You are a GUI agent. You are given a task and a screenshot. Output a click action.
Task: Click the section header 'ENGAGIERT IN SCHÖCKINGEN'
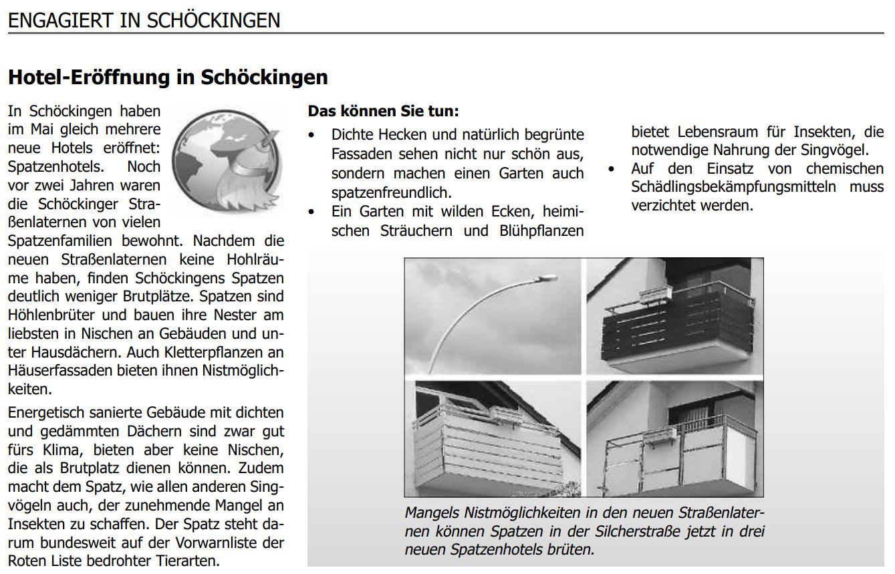coord(144,20)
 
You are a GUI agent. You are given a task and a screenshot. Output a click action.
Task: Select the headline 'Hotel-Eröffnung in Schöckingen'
coord(168,78)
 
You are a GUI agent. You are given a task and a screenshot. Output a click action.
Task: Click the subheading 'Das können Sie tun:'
coord(383,110)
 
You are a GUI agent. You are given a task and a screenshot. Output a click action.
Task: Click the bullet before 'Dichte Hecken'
coord(311,135)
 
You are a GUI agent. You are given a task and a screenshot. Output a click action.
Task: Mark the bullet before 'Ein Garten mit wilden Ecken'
coord(311,212)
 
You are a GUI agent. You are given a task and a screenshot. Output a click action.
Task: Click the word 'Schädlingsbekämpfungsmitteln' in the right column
coord(733,187)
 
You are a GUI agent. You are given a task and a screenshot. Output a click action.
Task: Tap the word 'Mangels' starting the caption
coord(432,513)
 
